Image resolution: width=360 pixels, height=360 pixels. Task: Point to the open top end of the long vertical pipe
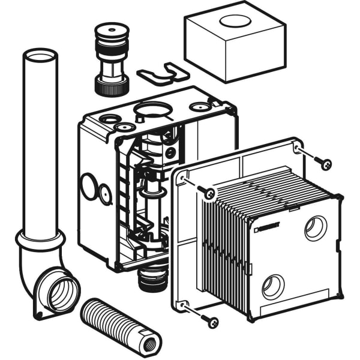tap(40, 56)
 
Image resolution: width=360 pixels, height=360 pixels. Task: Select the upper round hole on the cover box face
tap(315, 229)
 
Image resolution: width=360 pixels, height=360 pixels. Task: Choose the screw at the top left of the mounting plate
tap(208, 193)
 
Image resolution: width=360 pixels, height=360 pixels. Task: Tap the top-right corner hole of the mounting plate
tap(297, 147)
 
